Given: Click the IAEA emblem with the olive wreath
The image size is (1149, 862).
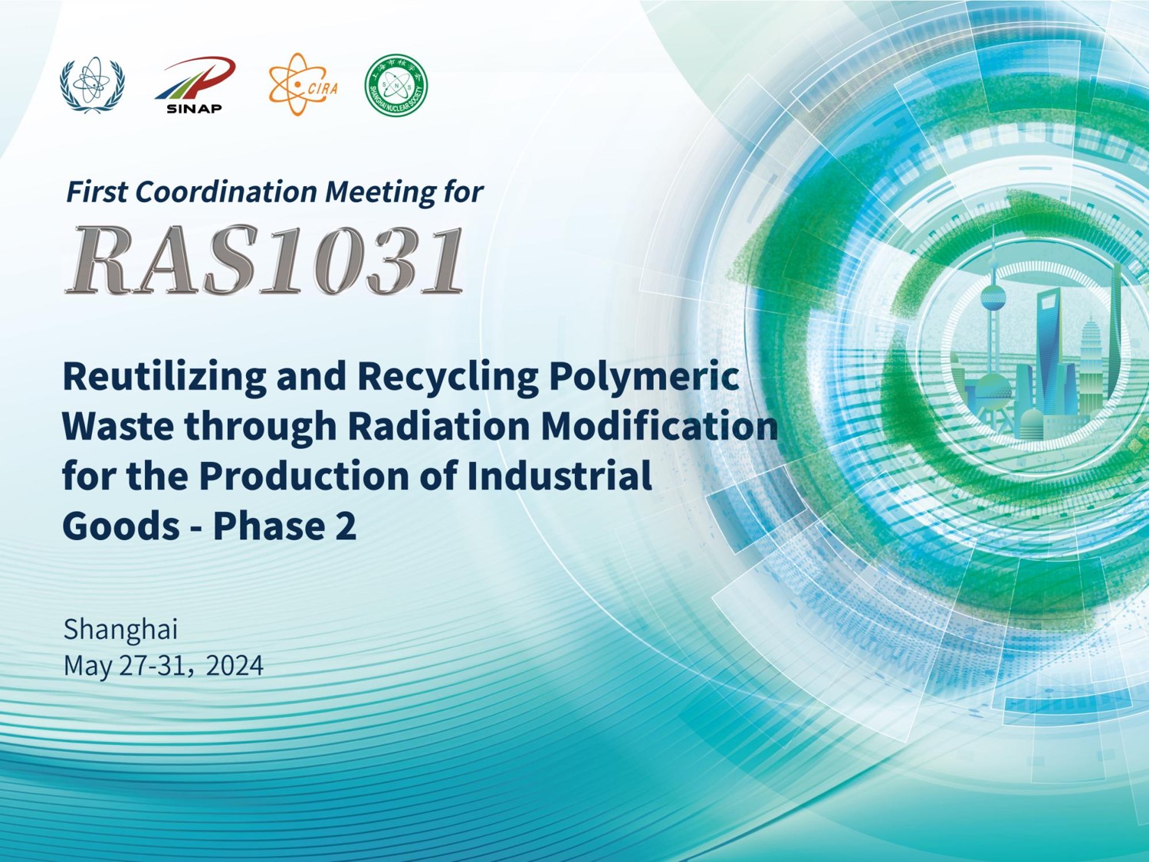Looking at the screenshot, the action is (x=92, y=85).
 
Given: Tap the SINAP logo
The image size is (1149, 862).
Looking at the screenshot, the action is (x=195, y=85).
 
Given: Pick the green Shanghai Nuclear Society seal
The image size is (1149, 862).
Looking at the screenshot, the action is (x=396, y=85).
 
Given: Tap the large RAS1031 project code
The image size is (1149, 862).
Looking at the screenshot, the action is (x=264, y=260).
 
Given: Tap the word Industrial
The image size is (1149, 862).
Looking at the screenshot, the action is (x=559, y=475).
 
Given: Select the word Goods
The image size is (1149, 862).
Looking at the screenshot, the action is (x=121, y=526).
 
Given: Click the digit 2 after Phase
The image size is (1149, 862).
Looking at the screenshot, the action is (x=346, y=526).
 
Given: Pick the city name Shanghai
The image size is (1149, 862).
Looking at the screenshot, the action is (x=121, y=629).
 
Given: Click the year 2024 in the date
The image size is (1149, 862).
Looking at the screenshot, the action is (x=235, y=665).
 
